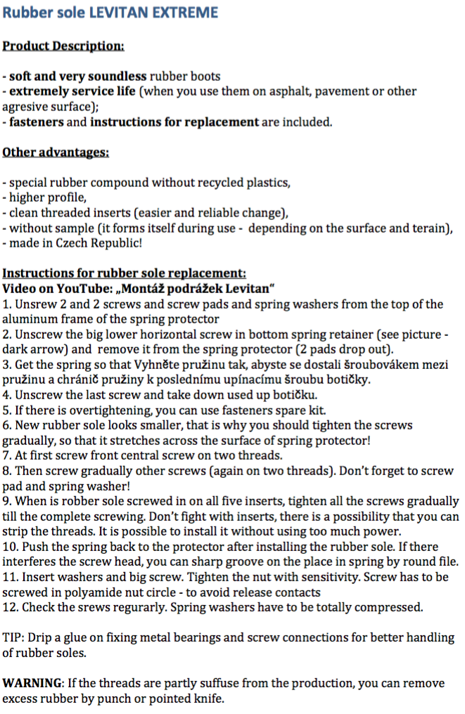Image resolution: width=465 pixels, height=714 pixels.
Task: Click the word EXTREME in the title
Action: [x=185, y=12]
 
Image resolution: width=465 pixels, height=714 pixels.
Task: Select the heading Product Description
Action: [x=63, y=46]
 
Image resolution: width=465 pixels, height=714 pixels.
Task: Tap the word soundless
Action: [x=116, y=76]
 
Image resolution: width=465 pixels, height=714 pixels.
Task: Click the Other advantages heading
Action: [x=56, y=152]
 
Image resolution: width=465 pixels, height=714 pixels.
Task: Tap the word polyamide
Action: [x=106, y=592]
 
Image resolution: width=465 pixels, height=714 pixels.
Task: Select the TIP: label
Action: [x=14, y=638]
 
